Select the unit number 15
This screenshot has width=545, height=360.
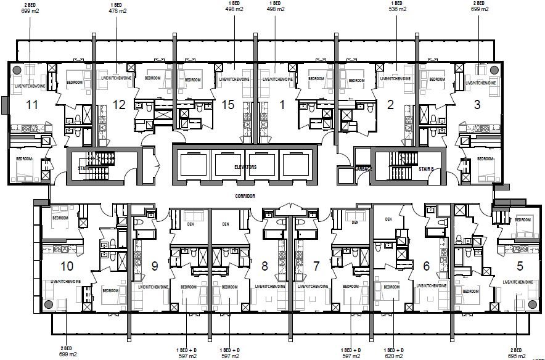(227, 105)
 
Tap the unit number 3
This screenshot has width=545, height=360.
(477, 105)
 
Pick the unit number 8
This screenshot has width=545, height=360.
(264, 266)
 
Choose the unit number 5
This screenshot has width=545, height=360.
(520, 266)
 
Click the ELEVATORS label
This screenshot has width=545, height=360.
(245, 167)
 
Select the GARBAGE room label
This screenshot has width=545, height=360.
(363, 168)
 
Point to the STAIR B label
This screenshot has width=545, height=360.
(426, 167)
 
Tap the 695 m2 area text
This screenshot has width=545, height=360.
(517, 355)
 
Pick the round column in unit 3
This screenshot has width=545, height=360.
(493, 70)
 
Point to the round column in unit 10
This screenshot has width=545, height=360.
(49, 305)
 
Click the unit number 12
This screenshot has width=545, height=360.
(119, 105)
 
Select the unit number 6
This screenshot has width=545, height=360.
(426, 266)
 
